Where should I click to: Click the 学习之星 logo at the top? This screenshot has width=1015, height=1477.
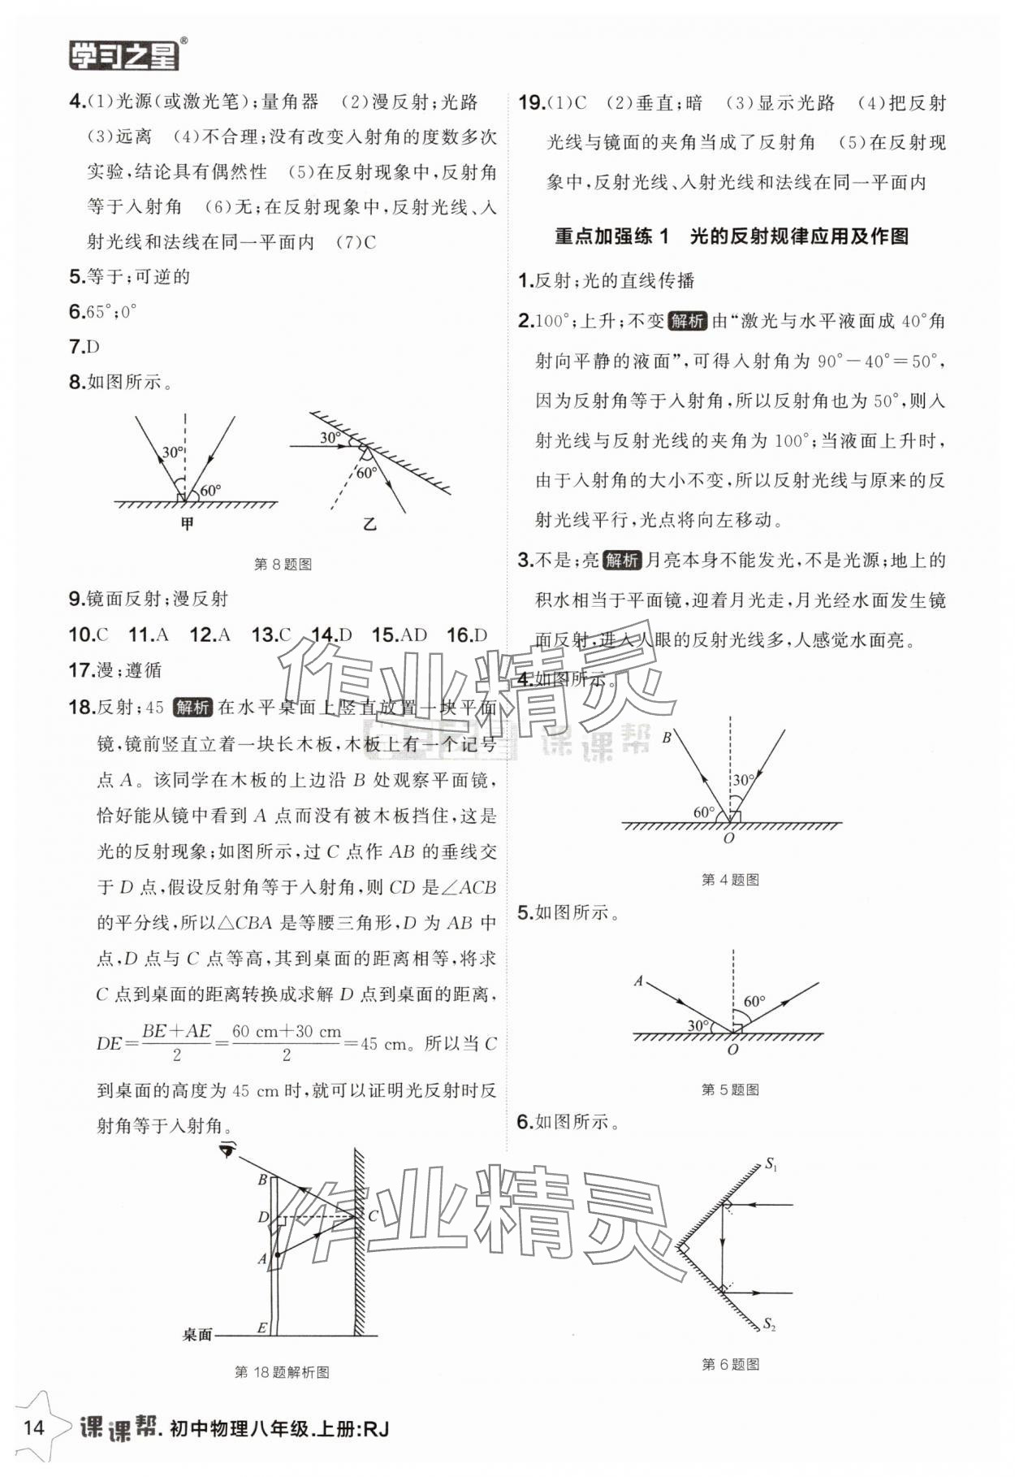(123, 54)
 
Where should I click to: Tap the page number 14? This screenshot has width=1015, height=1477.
(32, 1427)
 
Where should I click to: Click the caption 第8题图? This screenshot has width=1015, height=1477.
(283, 564)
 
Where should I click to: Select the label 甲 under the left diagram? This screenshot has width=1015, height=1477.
(187, 524)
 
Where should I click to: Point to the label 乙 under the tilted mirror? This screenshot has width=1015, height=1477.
(369, 524)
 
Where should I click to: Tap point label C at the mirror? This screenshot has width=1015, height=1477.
(373, 1215)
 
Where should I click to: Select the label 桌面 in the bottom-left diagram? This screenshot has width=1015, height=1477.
(197, 1334)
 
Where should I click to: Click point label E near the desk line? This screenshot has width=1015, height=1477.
(262, 1328)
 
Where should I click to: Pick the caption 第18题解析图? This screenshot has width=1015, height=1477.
(282, 1372)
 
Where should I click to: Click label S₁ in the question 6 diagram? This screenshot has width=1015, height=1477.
(771, 1165)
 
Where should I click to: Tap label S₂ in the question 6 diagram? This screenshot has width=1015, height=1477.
(769, 1324)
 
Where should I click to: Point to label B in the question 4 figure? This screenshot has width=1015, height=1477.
(667, 738)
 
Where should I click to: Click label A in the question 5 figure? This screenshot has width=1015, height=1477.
(638, 981)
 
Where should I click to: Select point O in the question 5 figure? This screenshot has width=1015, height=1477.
(732, 1049)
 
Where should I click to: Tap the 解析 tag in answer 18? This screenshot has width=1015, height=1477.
(192, 707)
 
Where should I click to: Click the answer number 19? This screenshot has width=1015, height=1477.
(531, 103)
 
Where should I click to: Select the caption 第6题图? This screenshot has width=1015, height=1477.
(730, 1364)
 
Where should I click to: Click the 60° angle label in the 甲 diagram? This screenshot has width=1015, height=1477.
(210, 490)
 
